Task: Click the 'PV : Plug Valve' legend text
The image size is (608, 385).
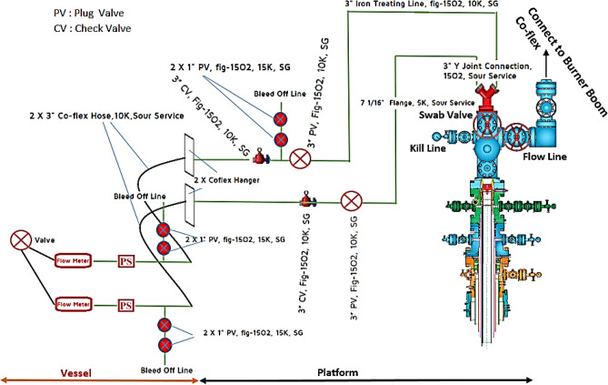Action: (x=63, y=15)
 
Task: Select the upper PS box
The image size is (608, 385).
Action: (x=126, y=262)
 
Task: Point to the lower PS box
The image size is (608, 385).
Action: (x=126, y=303)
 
